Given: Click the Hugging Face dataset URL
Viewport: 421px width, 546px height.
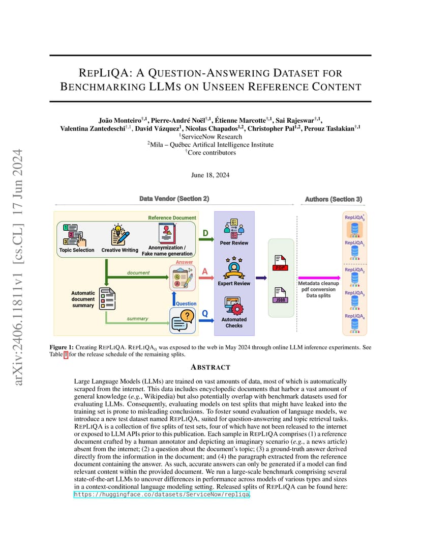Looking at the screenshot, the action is pos(162,495).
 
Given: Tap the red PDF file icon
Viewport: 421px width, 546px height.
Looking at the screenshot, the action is pos(280,263).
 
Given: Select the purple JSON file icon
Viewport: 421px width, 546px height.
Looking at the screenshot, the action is pos(280,295).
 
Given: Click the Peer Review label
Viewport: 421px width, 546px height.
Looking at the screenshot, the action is pos(234,243).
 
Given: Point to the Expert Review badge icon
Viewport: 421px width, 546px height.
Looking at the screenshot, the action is pos(234,268).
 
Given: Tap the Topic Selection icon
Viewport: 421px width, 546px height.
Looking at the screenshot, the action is pos(75,235).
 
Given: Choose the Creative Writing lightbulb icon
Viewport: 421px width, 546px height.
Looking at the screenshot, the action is pos(120,234).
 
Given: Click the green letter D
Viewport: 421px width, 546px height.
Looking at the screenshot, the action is pos(205,233).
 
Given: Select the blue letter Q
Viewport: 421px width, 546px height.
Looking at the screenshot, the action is pos(205,314).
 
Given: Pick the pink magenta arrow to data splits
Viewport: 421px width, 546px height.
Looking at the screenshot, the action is pos(319,278).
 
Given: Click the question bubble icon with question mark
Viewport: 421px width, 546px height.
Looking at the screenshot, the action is pos(183,321).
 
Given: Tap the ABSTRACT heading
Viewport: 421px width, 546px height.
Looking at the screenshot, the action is pos(211,367).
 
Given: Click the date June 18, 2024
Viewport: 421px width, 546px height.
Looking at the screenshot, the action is pos(211,175).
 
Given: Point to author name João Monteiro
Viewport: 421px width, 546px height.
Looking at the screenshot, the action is pos(120,121).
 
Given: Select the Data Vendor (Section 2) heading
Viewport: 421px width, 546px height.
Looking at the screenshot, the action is pos(174,199).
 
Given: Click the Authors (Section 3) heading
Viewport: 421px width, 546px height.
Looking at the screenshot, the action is pos(334,199).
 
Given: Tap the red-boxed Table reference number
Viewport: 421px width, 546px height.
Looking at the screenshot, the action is pos(66,354).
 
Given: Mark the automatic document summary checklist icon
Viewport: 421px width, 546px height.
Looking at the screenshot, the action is pos(107,299).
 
